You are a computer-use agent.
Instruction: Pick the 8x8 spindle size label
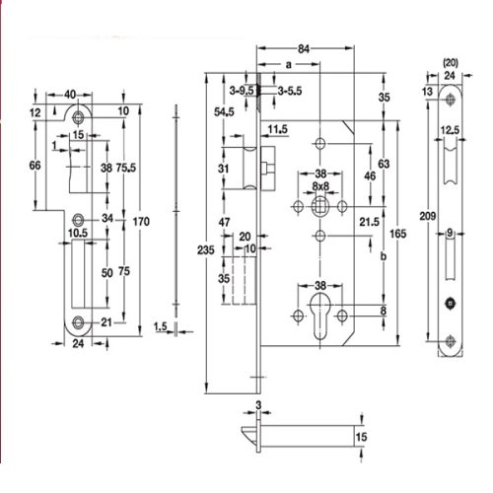[x=319, y=185]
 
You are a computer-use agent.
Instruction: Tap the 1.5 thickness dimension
[x=162, y=326]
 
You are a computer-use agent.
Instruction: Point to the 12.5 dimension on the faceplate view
[x=452, y=130]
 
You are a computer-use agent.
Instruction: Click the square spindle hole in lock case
[x=320, y=208]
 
